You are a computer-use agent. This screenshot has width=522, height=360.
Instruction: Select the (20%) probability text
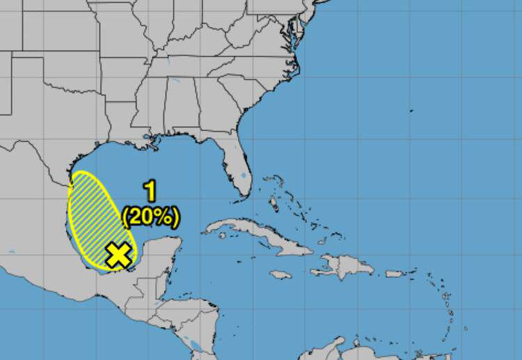point(150,217)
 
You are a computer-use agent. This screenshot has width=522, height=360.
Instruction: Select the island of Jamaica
point(280,274)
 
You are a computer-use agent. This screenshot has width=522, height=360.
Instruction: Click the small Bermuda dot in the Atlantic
point(411,110)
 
